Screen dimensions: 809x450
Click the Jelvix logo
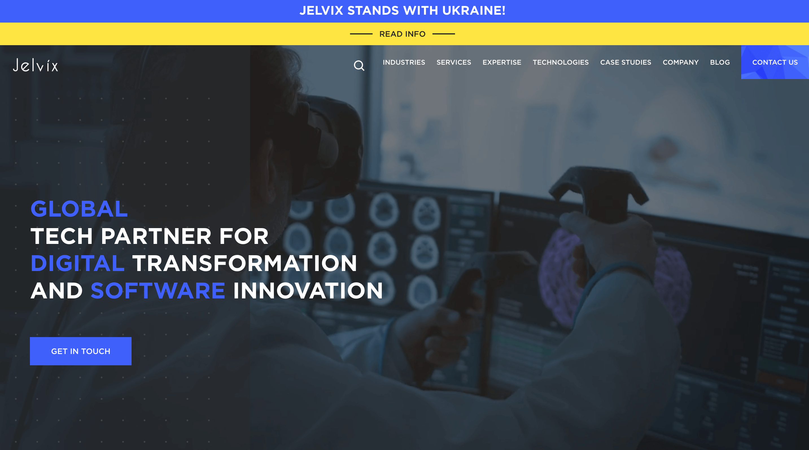[36, 65]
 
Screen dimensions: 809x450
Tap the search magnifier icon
[359, 65]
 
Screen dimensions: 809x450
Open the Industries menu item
[404, 62]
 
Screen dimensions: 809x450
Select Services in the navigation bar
[454, 62]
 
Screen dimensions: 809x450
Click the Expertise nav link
[502, 62]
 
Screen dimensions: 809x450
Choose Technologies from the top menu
[561, 62]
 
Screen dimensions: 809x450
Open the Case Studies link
[626, 62]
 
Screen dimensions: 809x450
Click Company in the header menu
[681, 62]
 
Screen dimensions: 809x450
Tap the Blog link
[720, 62]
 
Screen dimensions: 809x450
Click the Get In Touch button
[81, 351]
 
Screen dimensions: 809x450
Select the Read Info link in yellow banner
[402, 34]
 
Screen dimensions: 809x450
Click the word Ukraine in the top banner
[474, 10]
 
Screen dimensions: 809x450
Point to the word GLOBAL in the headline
[79, 209]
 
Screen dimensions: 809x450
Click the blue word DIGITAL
[78, 263]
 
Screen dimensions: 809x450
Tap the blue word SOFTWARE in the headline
[158, 290]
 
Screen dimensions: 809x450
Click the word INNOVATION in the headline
[308, 290]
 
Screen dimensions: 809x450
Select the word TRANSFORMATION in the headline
[245, 263]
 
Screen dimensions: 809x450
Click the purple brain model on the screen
[613, 276]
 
